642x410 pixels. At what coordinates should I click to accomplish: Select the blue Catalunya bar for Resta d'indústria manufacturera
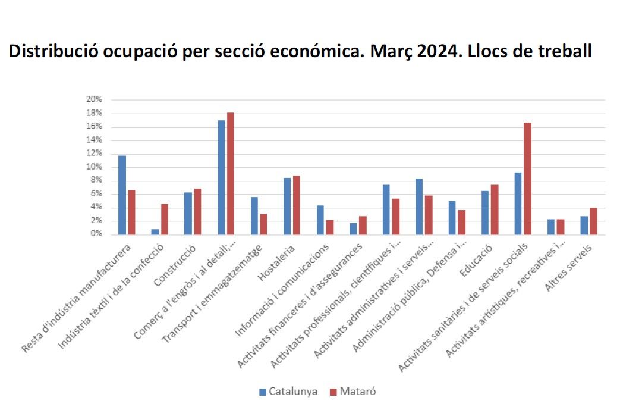pos(122,195)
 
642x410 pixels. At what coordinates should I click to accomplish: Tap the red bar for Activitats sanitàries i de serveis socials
pos(527,179)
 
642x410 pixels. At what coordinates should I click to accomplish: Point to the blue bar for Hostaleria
pos(287,206)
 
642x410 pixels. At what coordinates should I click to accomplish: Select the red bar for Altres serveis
pos(593,221)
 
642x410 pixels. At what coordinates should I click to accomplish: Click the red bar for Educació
pos(494,209)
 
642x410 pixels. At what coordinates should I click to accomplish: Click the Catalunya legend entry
pos(288,392)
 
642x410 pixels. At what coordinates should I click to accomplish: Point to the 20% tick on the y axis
pos(95,99)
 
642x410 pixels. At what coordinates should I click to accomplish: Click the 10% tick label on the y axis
pos(95,167)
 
